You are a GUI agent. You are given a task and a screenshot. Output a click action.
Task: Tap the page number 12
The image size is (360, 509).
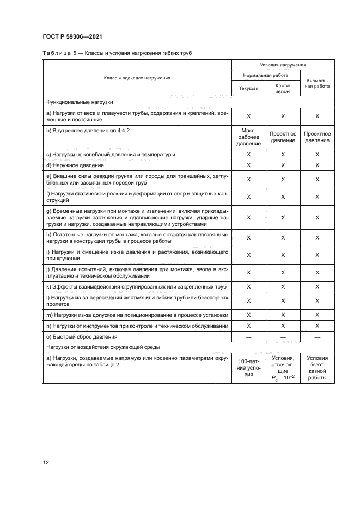[x=46, y=463]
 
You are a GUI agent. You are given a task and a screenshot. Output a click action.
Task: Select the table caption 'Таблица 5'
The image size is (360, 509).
[x=59, y=53]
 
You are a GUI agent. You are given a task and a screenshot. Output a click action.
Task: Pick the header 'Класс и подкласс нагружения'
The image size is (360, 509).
[x=137, y=78]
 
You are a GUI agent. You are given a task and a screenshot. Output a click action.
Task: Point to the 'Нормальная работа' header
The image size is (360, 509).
[x=265, y=75]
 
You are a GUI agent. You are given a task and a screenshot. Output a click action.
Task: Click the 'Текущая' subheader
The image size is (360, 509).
[x=248, y=88]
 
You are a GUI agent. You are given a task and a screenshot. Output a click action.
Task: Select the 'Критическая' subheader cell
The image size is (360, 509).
[x=283, y=88]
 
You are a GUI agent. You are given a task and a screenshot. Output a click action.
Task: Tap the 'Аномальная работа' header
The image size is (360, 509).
[x=316, y=83]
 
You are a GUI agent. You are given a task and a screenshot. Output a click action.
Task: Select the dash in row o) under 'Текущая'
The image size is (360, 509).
[x=248, y=337]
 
